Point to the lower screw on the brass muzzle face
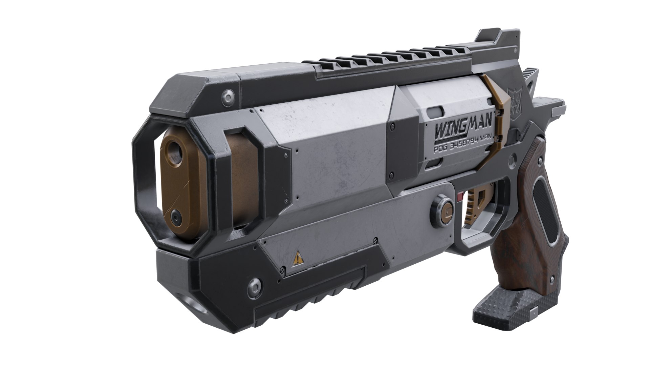[176, 214]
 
